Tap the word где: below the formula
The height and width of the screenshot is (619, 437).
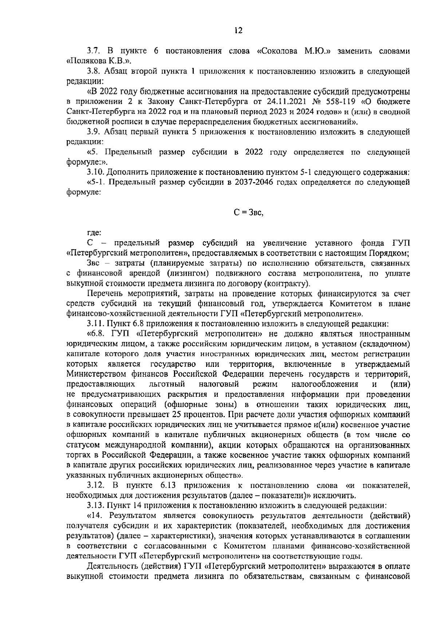(x=94, y=233)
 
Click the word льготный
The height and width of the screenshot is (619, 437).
(x=167, y=384)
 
